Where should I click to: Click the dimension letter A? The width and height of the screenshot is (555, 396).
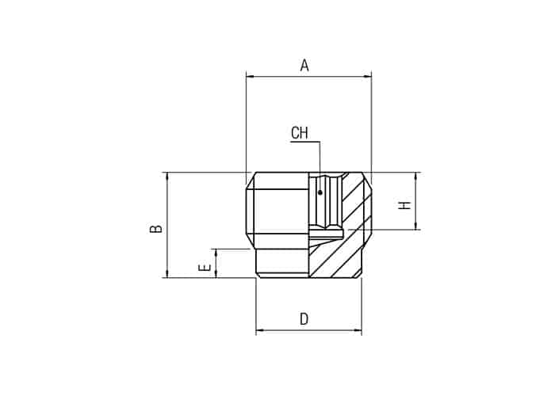[x=304, y=66]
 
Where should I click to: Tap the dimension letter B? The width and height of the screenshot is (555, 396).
[x=156, y=228]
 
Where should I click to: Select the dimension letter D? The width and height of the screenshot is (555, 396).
[x=304, y=319]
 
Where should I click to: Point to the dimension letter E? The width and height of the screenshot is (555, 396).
[x=205, y=268]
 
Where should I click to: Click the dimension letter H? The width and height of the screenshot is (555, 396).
[x=404, y=205]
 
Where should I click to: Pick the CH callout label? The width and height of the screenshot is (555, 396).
[x=300, y=133]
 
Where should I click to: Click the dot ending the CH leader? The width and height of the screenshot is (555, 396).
[x=320, y=192]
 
